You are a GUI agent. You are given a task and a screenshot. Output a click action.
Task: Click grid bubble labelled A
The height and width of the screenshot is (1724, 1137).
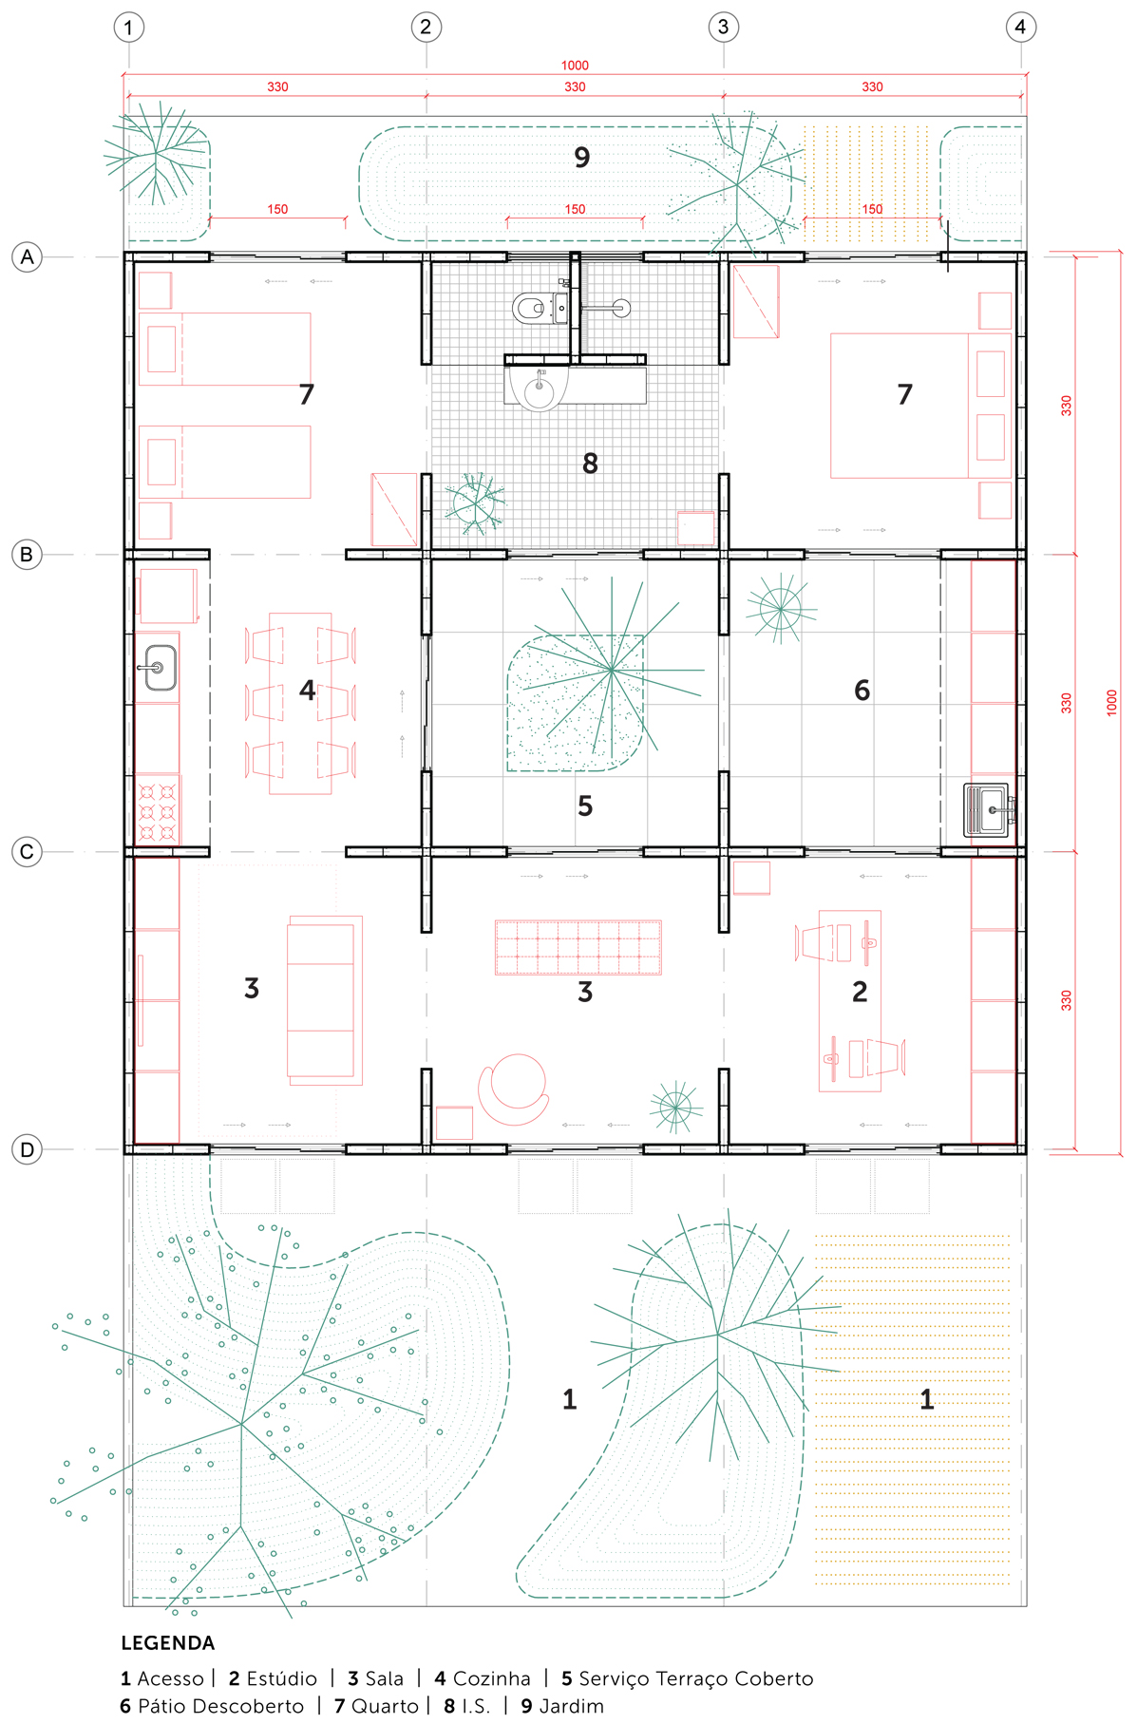tap(27, 256)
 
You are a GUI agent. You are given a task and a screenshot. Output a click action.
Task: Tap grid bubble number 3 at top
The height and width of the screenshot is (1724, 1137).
tap(723, 27)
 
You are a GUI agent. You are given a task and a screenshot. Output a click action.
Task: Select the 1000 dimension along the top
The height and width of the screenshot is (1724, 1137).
tap(575, 66)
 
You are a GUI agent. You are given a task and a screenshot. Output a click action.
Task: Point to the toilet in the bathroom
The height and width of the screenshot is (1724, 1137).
tap(529, 308)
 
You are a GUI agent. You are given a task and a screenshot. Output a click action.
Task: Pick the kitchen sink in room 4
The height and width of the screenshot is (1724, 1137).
tap(160, 668)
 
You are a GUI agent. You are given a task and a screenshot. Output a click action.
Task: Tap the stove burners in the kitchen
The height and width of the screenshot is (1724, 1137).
tap(158, 810)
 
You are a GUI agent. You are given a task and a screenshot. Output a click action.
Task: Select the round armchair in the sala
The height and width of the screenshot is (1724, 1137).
tap(515, 1087)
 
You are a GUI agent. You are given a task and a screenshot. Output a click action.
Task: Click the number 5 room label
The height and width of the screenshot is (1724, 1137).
tap(585, 806)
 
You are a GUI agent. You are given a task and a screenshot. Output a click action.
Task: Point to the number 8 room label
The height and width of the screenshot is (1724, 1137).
tap(590, 464)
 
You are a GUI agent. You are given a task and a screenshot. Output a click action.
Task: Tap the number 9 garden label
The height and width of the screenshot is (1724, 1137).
tap(582, 158)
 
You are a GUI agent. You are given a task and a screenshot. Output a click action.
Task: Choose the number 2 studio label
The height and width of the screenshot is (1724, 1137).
tap(860, 992)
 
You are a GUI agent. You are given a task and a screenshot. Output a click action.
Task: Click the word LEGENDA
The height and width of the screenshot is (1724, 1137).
tap(168, 1643)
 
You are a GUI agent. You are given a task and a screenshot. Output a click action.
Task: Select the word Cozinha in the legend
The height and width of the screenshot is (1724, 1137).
tap(491, 1678)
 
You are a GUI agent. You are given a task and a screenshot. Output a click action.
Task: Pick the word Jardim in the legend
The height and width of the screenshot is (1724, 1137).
tap(571, 1706)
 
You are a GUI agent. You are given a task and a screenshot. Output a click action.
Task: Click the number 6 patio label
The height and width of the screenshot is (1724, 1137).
tap(862, 691)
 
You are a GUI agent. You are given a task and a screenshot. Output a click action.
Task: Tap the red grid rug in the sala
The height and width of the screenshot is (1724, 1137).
tap(578, 947)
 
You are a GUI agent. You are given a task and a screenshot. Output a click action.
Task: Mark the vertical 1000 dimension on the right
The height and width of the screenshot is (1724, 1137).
tap(1112, 703)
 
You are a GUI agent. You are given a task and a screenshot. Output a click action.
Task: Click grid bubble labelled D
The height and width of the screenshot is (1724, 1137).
tap(27, 1150)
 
